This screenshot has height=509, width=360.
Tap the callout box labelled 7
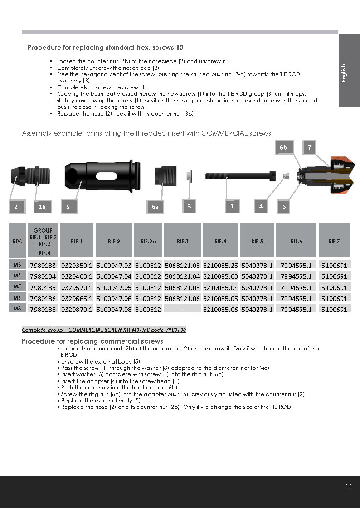(x=309, y=147)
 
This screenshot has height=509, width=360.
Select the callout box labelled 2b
(x=42, y=207)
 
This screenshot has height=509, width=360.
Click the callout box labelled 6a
(x=155, y=207)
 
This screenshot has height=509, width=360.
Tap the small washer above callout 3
(x=190, y=175)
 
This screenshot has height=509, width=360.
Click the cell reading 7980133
(x=43, y=265)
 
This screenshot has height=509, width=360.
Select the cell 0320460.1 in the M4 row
(x=77, y=276)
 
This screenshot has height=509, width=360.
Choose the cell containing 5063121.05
(x=182, y=287)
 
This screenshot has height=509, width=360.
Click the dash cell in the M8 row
(x=182, y=309)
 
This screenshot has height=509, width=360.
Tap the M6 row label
(x=17, y=297)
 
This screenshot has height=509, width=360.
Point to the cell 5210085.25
(x=220, y=265)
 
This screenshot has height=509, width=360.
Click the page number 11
(x=348, y=486)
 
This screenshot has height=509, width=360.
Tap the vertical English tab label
(x=344, y=73)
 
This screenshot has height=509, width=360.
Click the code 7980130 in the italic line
(x=175, y=330)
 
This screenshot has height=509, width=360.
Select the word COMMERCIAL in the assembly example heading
(x=222, y=133)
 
